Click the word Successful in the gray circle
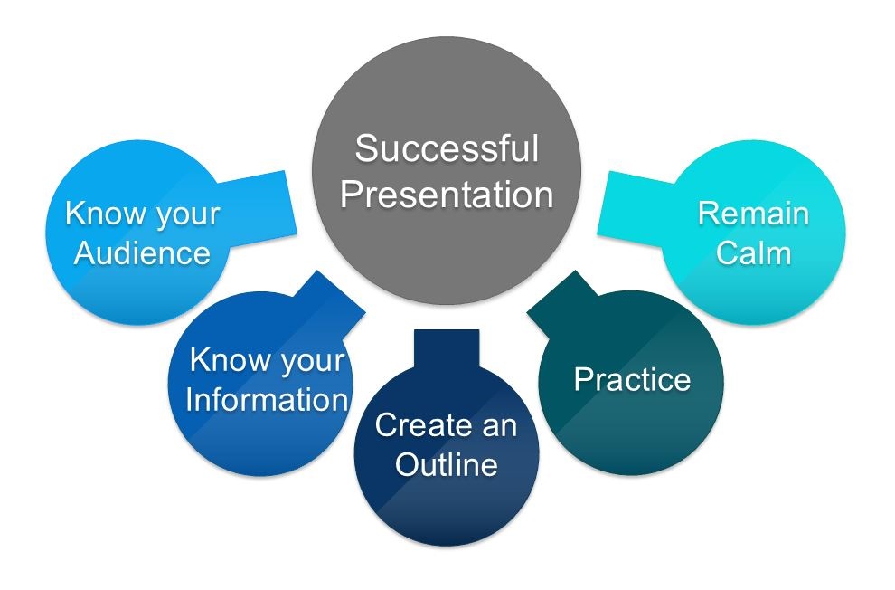coord(447,148)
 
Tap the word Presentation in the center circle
coord(447,195)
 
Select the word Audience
coord(142,252)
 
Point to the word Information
coord(267,399)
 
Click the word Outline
coord(447,464)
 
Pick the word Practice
coord(633,379)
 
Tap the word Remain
coord(753,214)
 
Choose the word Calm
coord(753,252)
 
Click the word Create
coord(418,425)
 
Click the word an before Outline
coord(500,428)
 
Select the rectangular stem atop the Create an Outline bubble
coord(447,349)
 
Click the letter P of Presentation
coord(352,195)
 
